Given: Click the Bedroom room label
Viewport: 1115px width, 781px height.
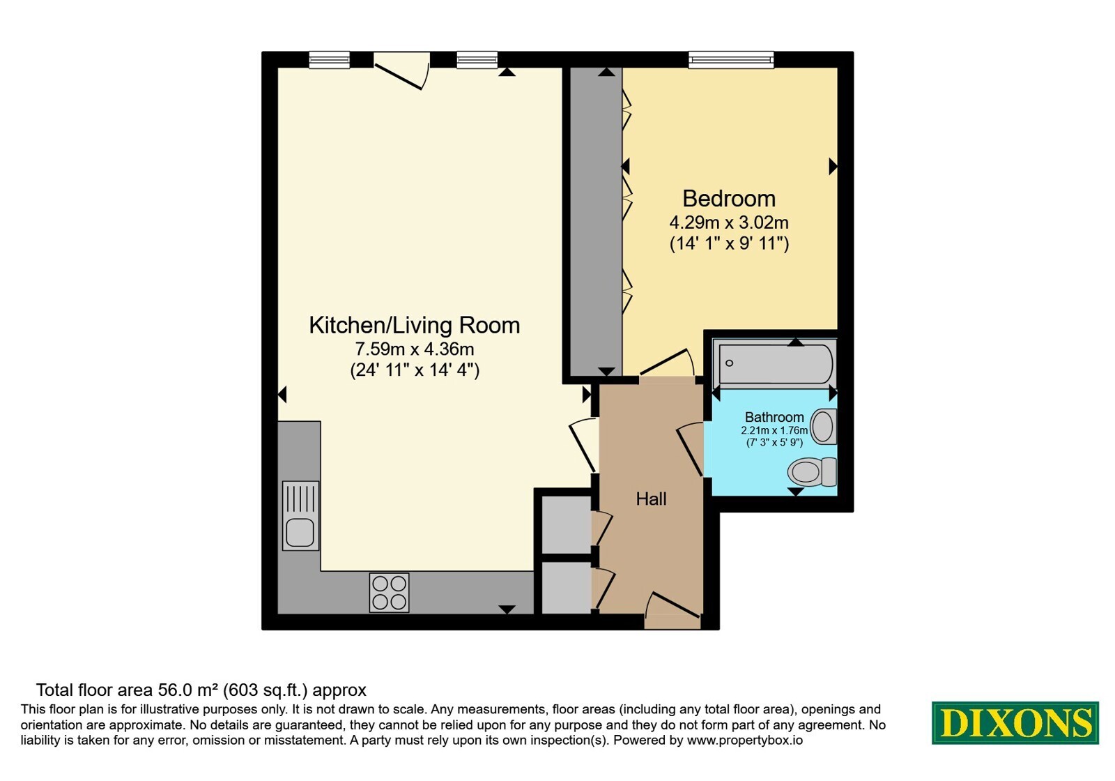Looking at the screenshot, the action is [x=729, y=199].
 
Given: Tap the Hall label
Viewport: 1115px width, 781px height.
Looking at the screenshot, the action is [x=651, y=499].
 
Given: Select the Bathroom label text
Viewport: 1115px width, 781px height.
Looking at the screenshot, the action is [x=774, y=417].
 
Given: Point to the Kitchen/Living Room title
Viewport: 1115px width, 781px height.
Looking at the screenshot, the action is [x=414, y=325].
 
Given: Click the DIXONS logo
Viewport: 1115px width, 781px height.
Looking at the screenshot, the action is [x=1015, y=722].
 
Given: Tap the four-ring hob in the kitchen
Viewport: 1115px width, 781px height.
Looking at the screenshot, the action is [x=389, y=592].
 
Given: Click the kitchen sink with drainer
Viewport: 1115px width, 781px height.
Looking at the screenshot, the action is [x=300, y=515].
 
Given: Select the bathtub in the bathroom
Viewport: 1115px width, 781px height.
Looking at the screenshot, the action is [x=774, y=363].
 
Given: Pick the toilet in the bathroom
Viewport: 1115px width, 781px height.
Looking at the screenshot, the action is [x=811, y=471].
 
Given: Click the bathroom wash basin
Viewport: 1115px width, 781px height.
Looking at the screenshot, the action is [x=823, y=426].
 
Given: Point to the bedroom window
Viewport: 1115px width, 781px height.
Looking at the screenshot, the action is [x=731, y=60].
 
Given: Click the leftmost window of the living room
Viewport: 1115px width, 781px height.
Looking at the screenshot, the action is [x=329, y=60].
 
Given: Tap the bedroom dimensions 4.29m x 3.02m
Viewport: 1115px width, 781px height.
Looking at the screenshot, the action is [x=729, y=222].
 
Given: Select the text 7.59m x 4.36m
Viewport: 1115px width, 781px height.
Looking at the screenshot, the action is [x=414, y=349].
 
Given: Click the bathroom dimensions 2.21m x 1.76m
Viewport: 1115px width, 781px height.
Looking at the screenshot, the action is [x=774, y=430].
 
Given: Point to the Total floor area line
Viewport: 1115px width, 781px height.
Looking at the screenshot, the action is [x=201, y=690].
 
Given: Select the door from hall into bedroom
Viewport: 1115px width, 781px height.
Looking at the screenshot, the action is [x=667, y=362].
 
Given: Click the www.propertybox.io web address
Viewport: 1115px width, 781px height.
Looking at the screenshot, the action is [x=745, y=740].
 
